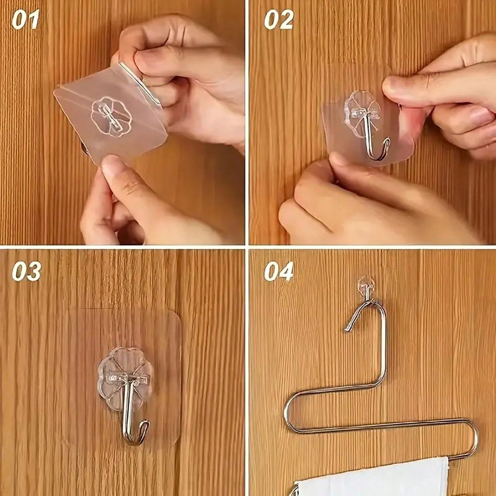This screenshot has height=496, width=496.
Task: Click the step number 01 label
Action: (26, 20)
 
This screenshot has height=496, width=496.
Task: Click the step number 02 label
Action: (279, 20)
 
